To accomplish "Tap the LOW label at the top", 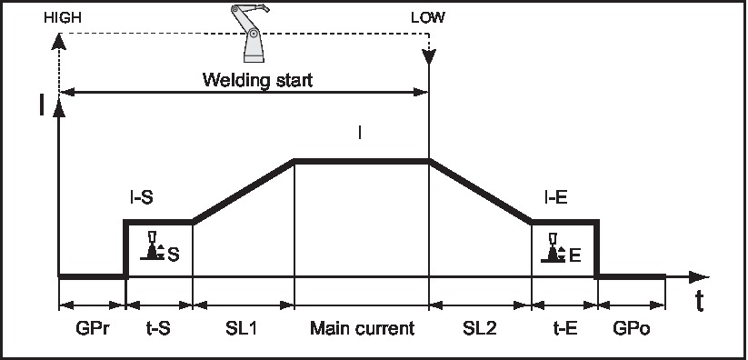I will click(428, 17).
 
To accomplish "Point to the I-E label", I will click(556, 197).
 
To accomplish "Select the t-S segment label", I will click(158, 327).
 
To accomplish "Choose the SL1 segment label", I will click(243, 327).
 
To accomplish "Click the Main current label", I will click(361, 327).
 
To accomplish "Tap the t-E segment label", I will click(563, 327).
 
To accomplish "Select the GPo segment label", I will click(631, 327).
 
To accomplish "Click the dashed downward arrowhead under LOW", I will click(429, 59).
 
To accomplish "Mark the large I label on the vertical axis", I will click(41, 105).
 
